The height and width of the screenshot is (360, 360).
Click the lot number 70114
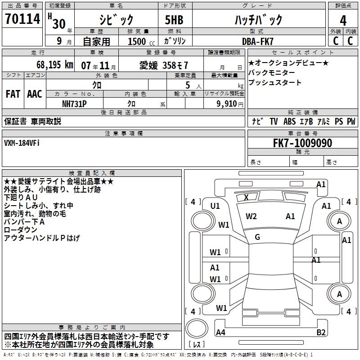click(x=22, y=20)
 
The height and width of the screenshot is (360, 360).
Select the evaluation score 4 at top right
click(x=343, y=20)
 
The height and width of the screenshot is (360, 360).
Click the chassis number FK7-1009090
click(x=302, y=143)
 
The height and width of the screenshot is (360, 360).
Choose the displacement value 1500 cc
click(x=140, y=41)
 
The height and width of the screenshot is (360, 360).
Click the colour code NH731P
click(x=74, y=103)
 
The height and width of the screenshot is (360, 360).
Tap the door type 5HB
click(x=171, y=20)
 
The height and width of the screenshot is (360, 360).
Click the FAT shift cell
click(x=13, y=94)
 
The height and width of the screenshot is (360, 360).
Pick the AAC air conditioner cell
click(x=35, y=94)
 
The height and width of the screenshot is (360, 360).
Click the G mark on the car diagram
click(x=257, y=237)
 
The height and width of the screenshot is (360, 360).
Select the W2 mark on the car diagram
click(x=251, y=216)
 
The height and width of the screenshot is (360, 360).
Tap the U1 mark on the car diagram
click(x=215, y=206)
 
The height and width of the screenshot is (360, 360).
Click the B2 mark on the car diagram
click(x=321, y=333)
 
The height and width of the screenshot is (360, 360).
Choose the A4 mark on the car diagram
click(x=220, y=333)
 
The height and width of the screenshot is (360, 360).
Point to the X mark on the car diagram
click(x=246, y=197)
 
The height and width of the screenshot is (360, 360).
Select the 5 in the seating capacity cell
click(x=187, y=85)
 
